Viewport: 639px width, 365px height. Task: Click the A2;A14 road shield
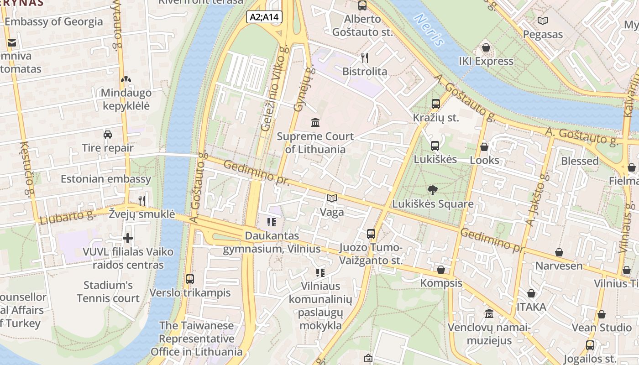pyautogui.click(x=264, y=17)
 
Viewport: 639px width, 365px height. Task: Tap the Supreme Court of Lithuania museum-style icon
pyautogui.click(x=315, y=122)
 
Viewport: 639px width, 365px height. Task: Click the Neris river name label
pyautogui.click(x=429, y=30)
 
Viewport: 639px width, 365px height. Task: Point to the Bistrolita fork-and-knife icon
pyautogui.click(x=364, y=57)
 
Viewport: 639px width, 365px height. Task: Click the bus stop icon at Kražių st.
pyautogui.click(x=435, y=104)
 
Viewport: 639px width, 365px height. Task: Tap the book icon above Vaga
pyautogui.click(x=332, y=198)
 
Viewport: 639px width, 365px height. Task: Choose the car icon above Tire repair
pyautogui.click(x=108, y=134)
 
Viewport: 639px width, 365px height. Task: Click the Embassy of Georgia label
pyautogui.click(x=54, y=21)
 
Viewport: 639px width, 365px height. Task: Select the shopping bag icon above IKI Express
pyautogui.click(x=486, y=47)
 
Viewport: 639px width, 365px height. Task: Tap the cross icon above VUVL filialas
pyautogui.click(x=128, y=238)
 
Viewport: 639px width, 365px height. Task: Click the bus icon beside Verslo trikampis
pyautogui.click(x=190, y=279)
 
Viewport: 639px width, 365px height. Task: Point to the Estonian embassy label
pyautogui.click(x=105, y=178)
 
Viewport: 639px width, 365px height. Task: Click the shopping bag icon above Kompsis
pyautogui.click(x=441, y=270)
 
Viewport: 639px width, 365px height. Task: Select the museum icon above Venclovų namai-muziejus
pyautogui.click(x=489, y=314)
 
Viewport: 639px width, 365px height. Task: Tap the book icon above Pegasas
pyautogui.click(x=542, y=21)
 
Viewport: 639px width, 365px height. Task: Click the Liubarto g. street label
pyautogui.click(x=67, y=218)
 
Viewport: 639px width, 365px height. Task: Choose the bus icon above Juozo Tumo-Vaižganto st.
pyautogui.click(x=371, y=234)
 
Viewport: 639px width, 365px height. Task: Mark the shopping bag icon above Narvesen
pyautogui.click(x=559, y=252)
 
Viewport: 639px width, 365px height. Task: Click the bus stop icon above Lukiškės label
pyautogui.click(x=435, y=146)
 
